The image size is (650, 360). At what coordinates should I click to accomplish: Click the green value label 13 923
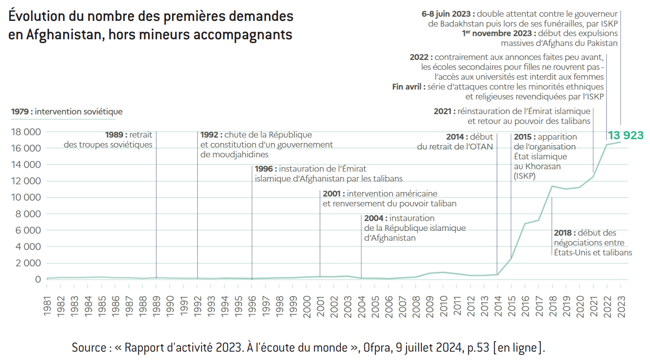[625, 135]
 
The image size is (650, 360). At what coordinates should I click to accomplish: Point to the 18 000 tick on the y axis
[26, 132]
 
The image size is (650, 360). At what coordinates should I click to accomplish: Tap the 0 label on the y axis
[38, 279]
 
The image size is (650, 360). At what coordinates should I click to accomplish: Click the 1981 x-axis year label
[47, 306]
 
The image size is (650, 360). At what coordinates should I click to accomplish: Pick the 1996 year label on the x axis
[252, 306]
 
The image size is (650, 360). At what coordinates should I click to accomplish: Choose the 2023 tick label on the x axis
[621, 306]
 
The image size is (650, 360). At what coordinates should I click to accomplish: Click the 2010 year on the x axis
[443, 306]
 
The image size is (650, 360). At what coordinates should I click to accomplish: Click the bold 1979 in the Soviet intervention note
[20, 112]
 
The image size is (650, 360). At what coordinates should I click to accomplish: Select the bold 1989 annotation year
[114, 135]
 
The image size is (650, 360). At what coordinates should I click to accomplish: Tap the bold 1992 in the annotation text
[209, 135]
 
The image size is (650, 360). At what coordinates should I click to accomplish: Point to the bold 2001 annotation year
[331, 194]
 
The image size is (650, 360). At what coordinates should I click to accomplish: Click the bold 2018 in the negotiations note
[563, 233]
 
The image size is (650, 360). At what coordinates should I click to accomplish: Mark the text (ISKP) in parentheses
[525, 176]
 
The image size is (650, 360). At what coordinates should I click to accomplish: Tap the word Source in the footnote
[89, 347]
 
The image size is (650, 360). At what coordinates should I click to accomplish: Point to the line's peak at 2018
[552, 186]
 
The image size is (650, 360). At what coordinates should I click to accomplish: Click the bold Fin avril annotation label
[408, 87]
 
